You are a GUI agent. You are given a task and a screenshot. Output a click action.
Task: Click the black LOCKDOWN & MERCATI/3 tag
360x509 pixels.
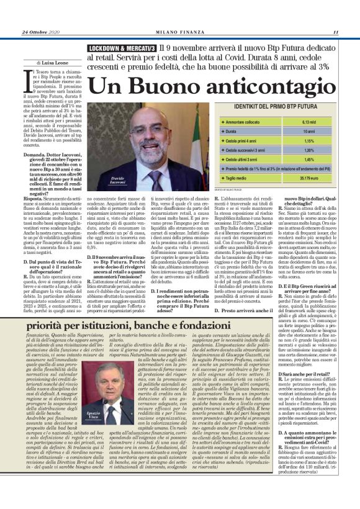coord(121,47)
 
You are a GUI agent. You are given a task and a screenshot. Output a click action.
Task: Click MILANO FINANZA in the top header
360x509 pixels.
coord(180,32)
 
